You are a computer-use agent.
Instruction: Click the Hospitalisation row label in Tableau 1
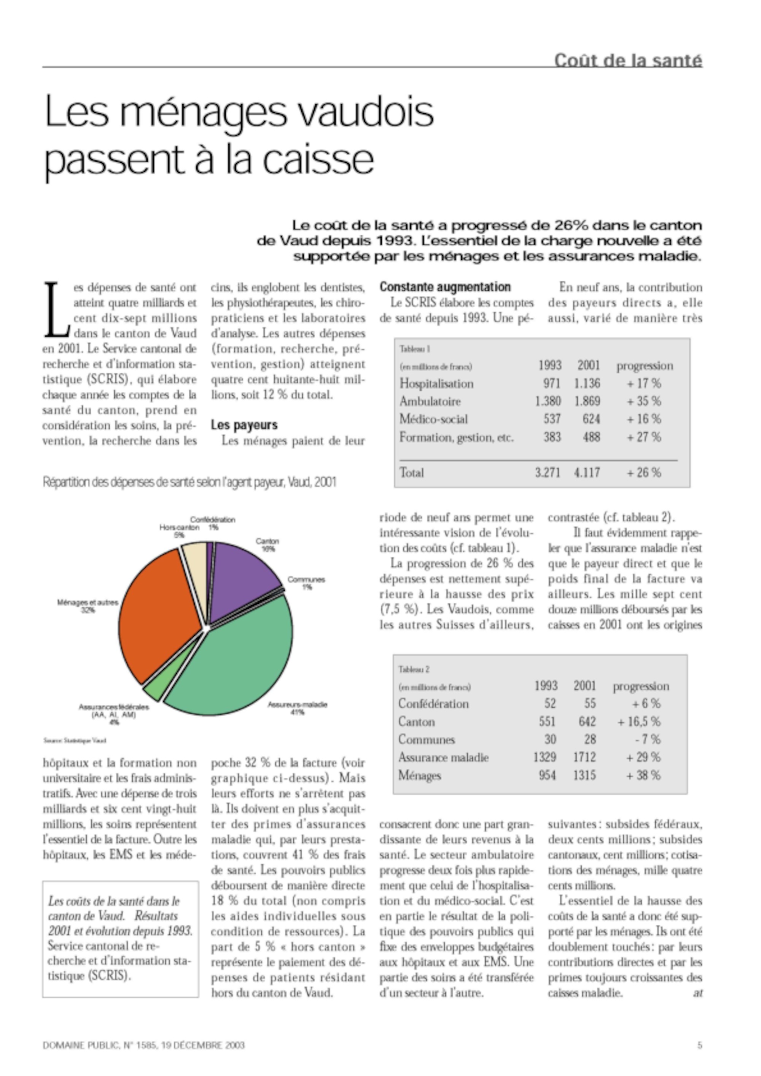click(436, 384)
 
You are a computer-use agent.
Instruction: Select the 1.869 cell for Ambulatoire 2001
click(587, 402)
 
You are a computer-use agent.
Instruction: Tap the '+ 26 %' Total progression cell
click(644, 472)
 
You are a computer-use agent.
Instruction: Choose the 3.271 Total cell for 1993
click(547, 472)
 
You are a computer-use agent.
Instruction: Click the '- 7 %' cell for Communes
click(648, 740)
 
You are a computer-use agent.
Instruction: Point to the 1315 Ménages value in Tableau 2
click(584, 776)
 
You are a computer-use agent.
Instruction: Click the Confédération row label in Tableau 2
click(433, 704)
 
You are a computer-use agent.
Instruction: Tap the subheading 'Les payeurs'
click(244, 425)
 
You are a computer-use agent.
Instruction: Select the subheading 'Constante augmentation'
click(445, 287)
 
